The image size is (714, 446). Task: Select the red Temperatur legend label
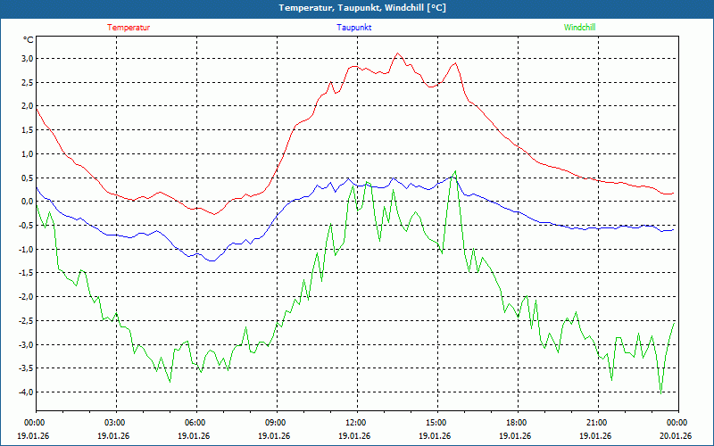(129, 28)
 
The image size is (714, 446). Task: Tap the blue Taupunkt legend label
(354, 28)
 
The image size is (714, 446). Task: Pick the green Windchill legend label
(579, 28)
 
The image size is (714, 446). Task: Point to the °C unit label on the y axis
(29, 39)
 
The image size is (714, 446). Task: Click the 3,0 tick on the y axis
(27, 59)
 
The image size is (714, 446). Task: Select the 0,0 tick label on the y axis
(27, 202)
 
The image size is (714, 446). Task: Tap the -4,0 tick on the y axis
(26, 392)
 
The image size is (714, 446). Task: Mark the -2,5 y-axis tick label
(26, 321)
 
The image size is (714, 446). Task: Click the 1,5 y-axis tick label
(27, 130)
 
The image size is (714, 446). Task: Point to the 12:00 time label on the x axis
(355, 423)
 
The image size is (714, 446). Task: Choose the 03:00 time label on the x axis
(115, 423)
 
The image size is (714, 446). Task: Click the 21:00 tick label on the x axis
(596, 423)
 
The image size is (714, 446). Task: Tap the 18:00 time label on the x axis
(516, 423)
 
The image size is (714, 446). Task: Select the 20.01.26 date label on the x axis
(676, 436)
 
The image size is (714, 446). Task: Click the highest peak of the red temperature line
(398, 54)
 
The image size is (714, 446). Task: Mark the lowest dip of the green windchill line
(660, 392)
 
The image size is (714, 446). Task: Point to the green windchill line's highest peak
(455, 171)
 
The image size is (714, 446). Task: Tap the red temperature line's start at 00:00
(36, 108)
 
